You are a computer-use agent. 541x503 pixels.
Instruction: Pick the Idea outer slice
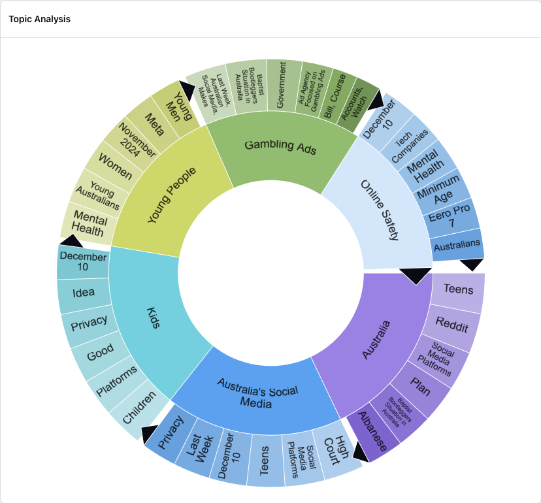click(84, 293)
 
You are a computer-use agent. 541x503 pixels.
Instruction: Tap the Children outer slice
click(140, 406)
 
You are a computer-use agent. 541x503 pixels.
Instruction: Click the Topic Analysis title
click(40, 19)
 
